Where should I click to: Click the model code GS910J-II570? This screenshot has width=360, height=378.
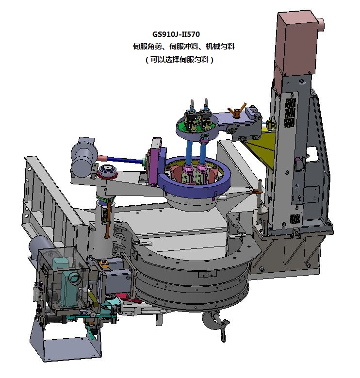tap(176, 34)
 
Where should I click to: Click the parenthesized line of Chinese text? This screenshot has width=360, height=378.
tap(180, 59)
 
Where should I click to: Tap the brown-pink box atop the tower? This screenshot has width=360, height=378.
tap(296, 43)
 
